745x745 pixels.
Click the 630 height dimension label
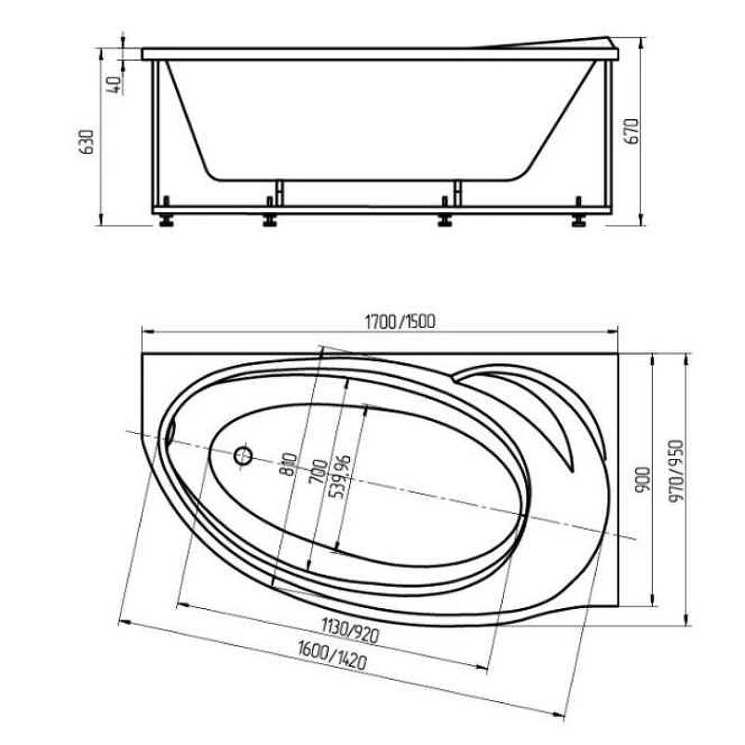[x=88, y=142]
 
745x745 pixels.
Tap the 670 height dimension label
[x=633, y=130]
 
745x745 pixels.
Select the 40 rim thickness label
[x=115, y=85]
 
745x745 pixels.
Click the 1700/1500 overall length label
[x=400, y=321]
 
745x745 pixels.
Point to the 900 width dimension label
[x=643, y=479]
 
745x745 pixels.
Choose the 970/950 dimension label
[x=676, y=471]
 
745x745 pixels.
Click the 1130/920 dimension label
[x=350, y=630]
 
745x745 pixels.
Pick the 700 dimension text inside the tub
[x=318, y=471]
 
